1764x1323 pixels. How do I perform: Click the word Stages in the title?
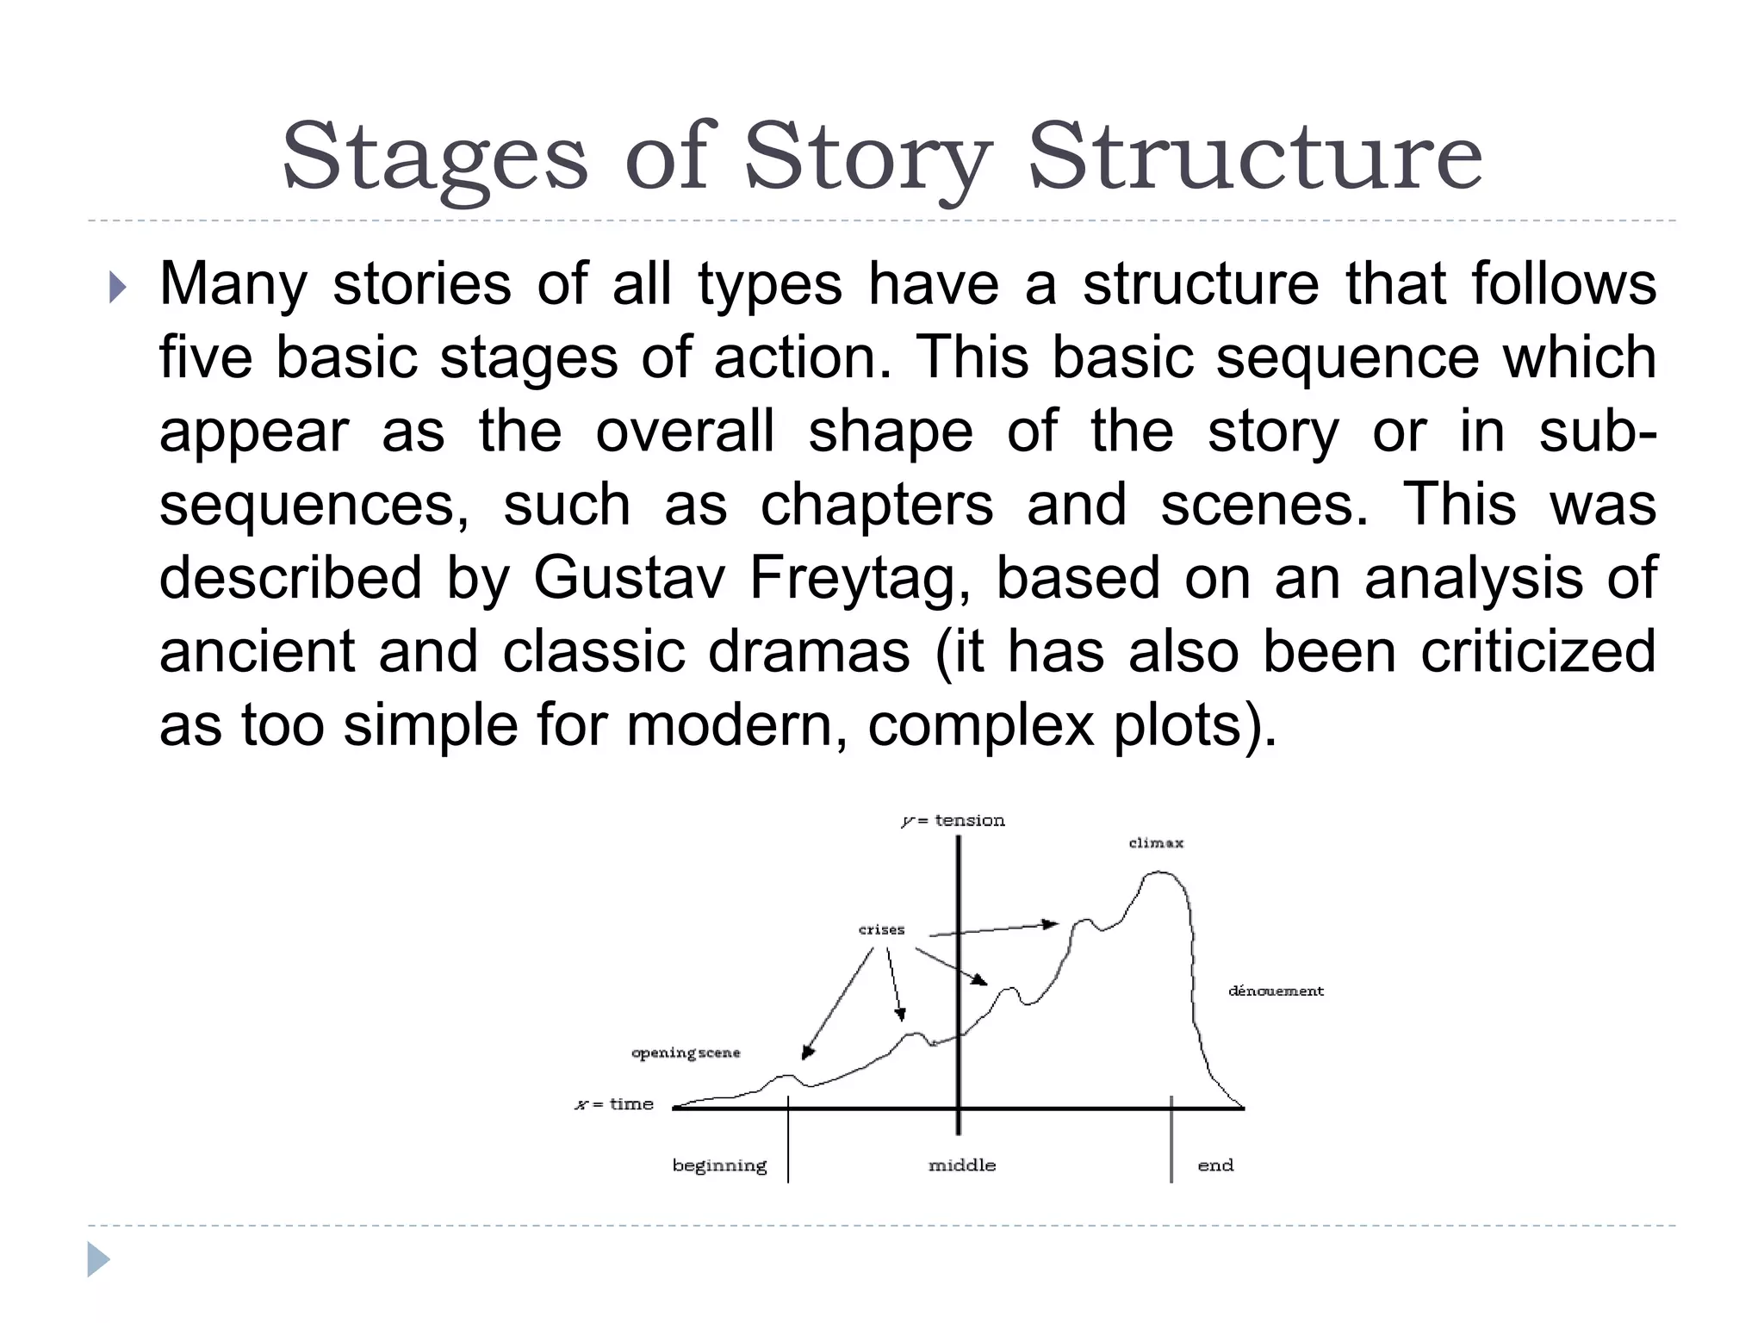pyautogui.click(x=435, y=157)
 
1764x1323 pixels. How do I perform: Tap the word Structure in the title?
pyautogui.click(x=1255, y=157)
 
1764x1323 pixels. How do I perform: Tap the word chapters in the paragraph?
pyautogui.click(x=876, y=505)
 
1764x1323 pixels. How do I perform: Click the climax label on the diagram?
pyautogui.click(x=1156, y=843)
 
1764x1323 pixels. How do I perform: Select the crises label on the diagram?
pyautogui.click(x=881, y=930)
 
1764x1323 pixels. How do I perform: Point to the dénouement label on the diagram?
pyautogui.click(x=1276, y=991)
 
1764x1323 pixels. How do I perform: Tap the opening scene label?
pyautogui.click(x=686, y=1053)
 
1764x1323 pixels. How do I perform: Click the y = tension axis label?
pyautogui.click(x=953, y=821)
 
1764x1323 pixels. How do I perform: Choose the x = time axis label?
pyautogui.click(x=614, y=1104)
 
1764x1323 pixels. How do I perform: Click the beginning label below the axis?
pyautogui.click(x=719, y=1166)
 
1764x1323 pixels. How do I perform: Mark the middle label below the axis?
pyautogui.click(x=962, y=1165)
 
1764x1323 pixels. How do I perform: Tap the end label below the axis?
pyautogui.click(x=1215, y=1165)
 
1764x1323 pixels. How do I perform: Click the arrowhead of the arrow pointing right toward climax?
pyautogui.click(x=1051, y=924)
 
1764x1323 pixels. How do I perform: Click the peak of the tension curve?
pyautogui.click(x=1159, y=873)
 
